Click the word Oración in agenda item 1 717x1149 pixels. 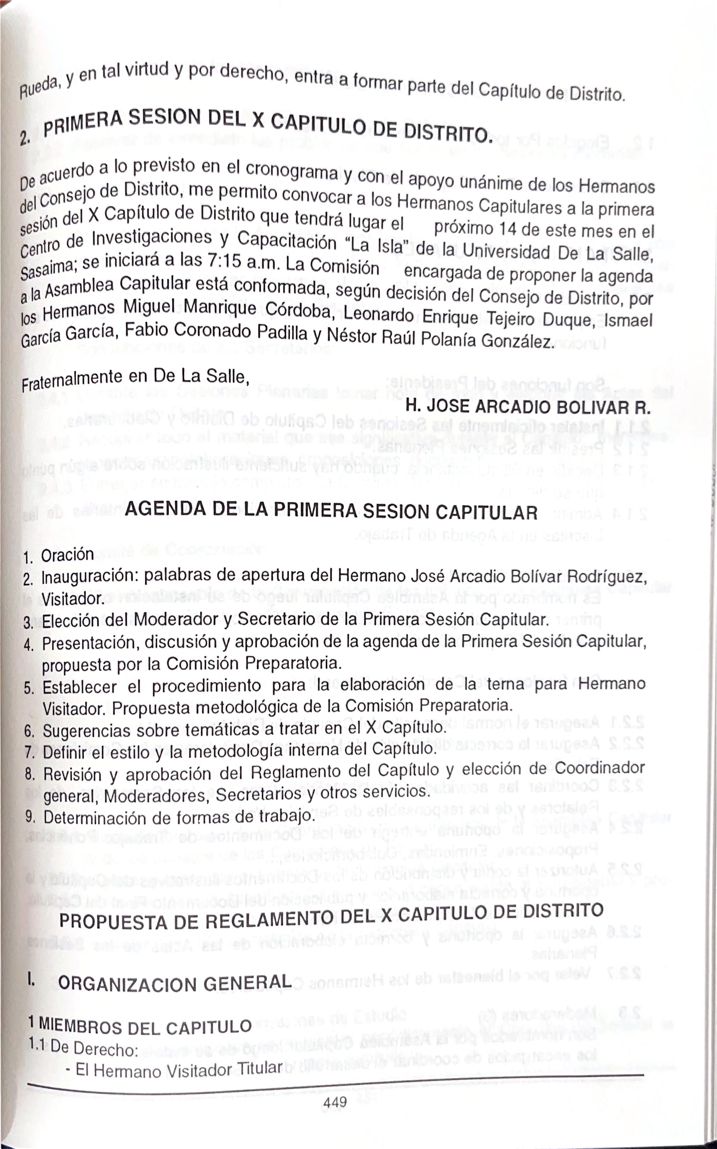click(x=67, y=555)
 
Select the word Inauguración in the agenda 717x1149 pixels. click(x=90, y=577)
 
